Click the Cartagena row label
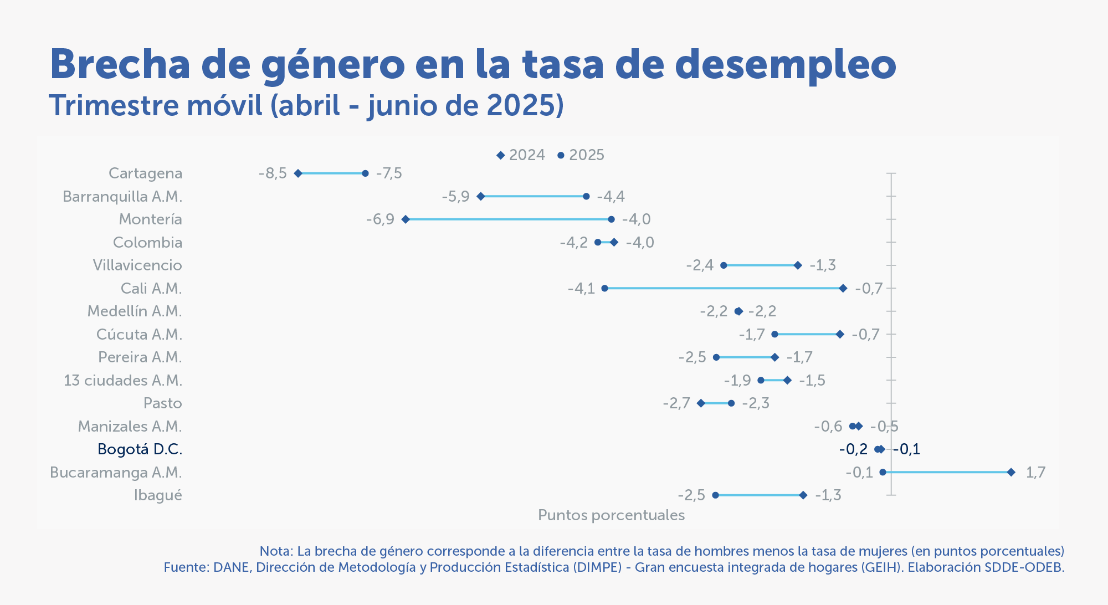[x=145, y=173]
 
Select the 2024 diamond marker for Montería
[x=406, y=219]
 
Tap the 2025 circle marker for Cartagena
[x=365, y=173]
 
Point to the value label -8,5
[x=273, y=173]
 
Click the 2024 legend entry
[x=521, y=155]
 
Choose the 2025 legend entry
[x=581, y=155]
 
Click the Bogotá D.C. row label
[x=140, y=449]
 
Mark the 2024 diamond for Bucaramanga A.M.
[x=1011, y=472]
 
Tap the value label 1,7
[x=1035, y=472]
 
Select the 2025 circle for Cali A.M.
[x=604, y=288]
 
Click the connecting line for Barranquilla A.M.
[x=533, y=196]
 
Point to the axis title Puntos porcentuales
[x=611, y=515]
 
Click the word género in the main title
[x=333, y=65]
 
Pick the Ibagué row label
[x=158, y=495]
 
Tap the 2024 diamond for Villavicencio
[x=798, y=265]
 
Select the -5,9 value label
[x=455, y=197]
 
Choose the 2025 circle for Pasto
[x=731, y=403]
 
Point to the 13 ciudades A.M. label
[x=122, y=381]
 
